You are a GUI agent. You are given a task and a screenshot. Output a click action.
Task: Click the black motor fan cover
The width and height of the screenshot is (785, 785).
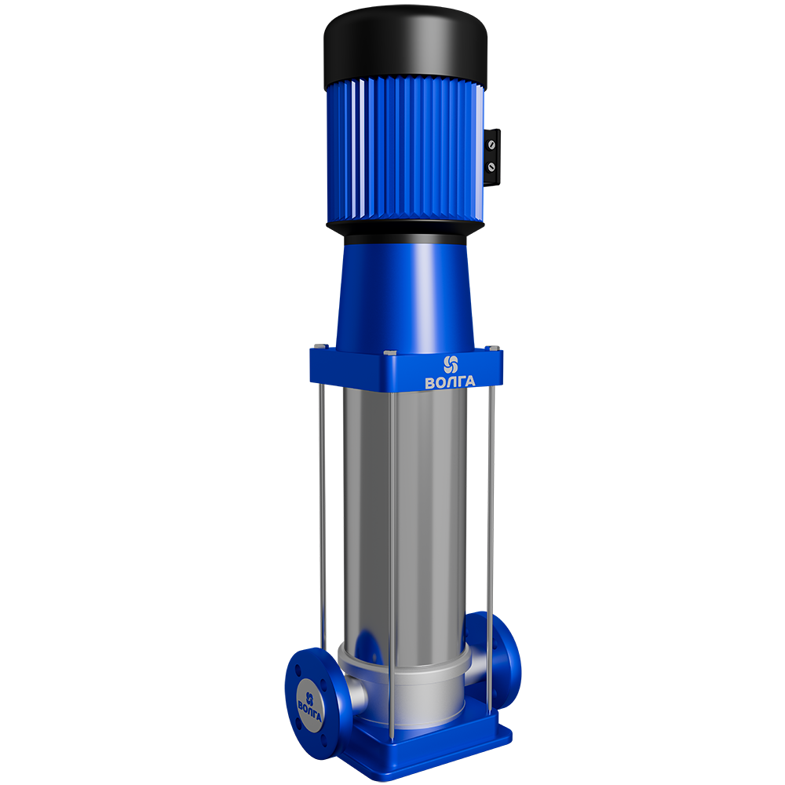click(405, 48)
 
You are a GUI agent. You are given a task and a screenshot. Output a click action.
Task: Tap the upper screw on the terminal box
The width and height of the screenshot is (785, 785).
click(491, 145)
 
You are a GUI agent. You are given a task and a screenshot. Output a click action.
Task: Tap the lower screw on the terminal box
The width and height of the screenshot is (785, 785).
click(491, 167)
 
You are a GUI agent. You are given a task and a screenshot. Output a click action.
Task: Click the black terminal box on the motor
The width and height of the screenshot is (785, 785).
click(492, 157)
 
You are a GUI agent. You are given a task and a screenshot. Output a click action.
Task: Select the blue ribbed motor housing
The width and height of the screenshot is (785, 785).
click(405, 150)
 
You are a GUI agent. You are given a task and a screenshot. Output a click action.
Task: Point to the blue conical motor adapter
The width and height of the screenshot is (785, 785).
click(405, 295)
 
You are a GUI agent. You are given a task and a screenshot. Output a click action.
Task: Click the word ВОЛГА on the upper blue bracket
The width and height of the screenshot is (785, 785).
click(450, 382)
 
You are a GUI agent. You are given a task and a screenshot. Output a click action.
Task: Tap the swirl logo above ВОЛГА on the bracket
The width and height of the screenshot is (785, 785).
click(451, 364)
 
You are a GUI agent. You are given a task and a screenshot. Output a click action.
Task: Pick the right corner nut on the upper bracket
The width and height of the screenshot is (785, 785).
click(493, 348)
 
